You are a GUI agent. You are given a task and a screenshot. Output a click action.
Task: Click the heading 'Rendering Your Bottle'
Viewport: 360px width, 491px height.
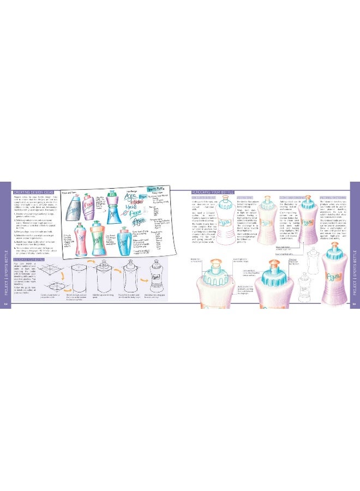[x=213, y=193]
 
